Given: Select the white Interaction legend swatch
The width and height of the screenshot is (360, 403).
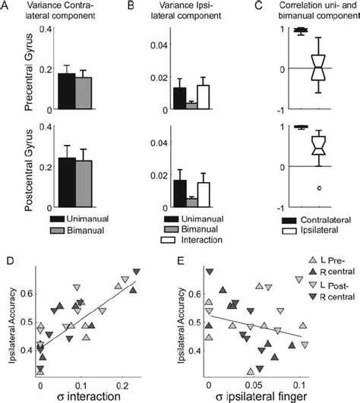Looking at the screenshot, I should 180,240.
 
